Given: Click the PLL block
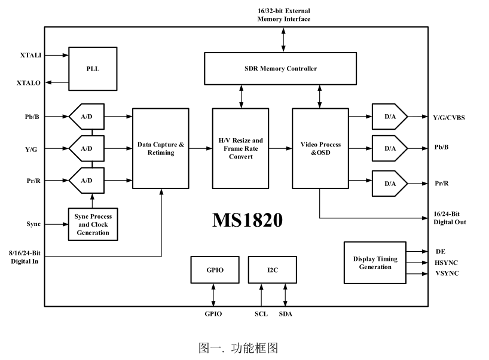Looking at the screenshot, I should coord(92,69).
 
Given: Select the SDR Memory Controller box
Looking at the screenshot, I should coord(280,68).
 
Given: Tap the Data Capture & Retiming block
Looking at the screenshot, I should coord(160,148).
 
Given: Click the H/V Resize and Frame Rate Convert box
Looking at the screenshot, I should coord(241,148).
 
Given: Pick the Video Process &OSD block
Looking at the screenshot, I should coord(320,148).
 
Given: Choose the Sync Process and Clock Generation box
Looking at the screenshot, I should coord(93,224).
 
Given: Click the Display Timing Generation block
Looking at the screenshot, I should coord(375,263).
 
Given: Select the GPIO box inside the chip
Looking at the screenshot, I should coord(215,270).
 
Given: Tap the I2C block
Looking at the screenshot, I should coord(273,270).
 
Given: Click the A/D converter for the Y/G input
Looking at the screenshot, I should coord(87,148).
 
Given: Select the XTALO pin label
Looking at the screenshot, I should coord(29,83).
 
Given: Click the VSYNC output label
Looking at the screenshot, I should coord(448,273).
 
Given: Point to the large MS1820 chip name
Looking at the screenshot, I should coord(247,220).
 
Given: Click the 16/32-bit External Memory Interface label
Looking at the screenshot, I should coord(283,15).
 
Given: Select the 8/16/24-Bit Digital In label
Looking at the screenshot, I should coord(25,257).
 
